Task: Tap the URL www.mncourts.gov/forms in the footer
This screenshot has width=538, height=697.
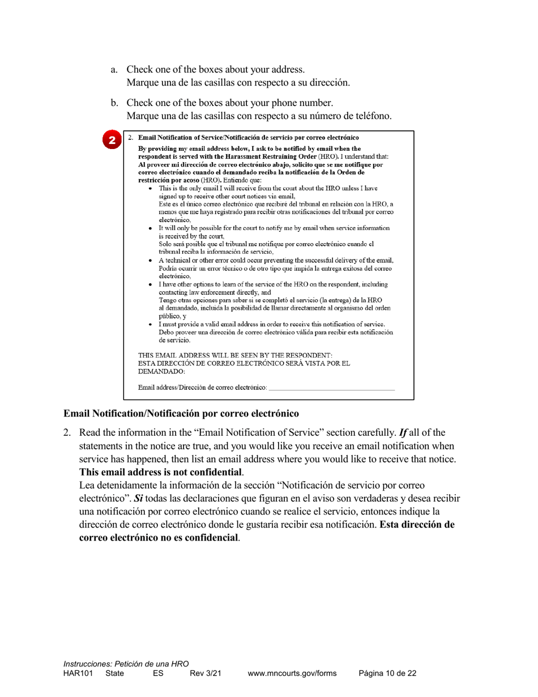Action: [x=292, y=673]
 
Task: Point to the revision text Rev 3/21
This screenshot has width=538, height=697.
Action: [x=205, y=673]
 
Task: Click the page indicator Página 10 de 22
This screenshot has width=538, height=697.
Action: [x=387, y=673]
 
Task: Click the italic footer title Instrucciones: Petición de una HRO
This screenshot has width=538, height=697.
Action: [x=126, y=664]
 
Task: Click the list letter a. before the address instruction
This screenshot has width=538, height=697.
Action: [x=114, y=70]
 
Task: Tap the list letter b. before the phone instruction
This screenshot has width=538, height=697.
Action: [x=114, y=103]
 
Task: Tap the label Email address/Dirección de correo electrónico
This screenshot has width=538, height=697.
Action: [x=202, y=388]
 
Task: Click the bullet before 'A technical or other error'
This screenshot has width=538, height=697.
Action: [x=150, y=260]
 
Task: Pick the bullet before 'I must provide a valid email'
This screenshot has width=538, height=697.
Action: [x=150, y=324]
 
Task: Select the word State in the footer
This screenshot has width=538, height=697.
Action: [x=115, y=673]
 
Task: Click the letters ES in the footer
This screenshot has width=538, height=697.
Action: [x=158, y=673]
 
